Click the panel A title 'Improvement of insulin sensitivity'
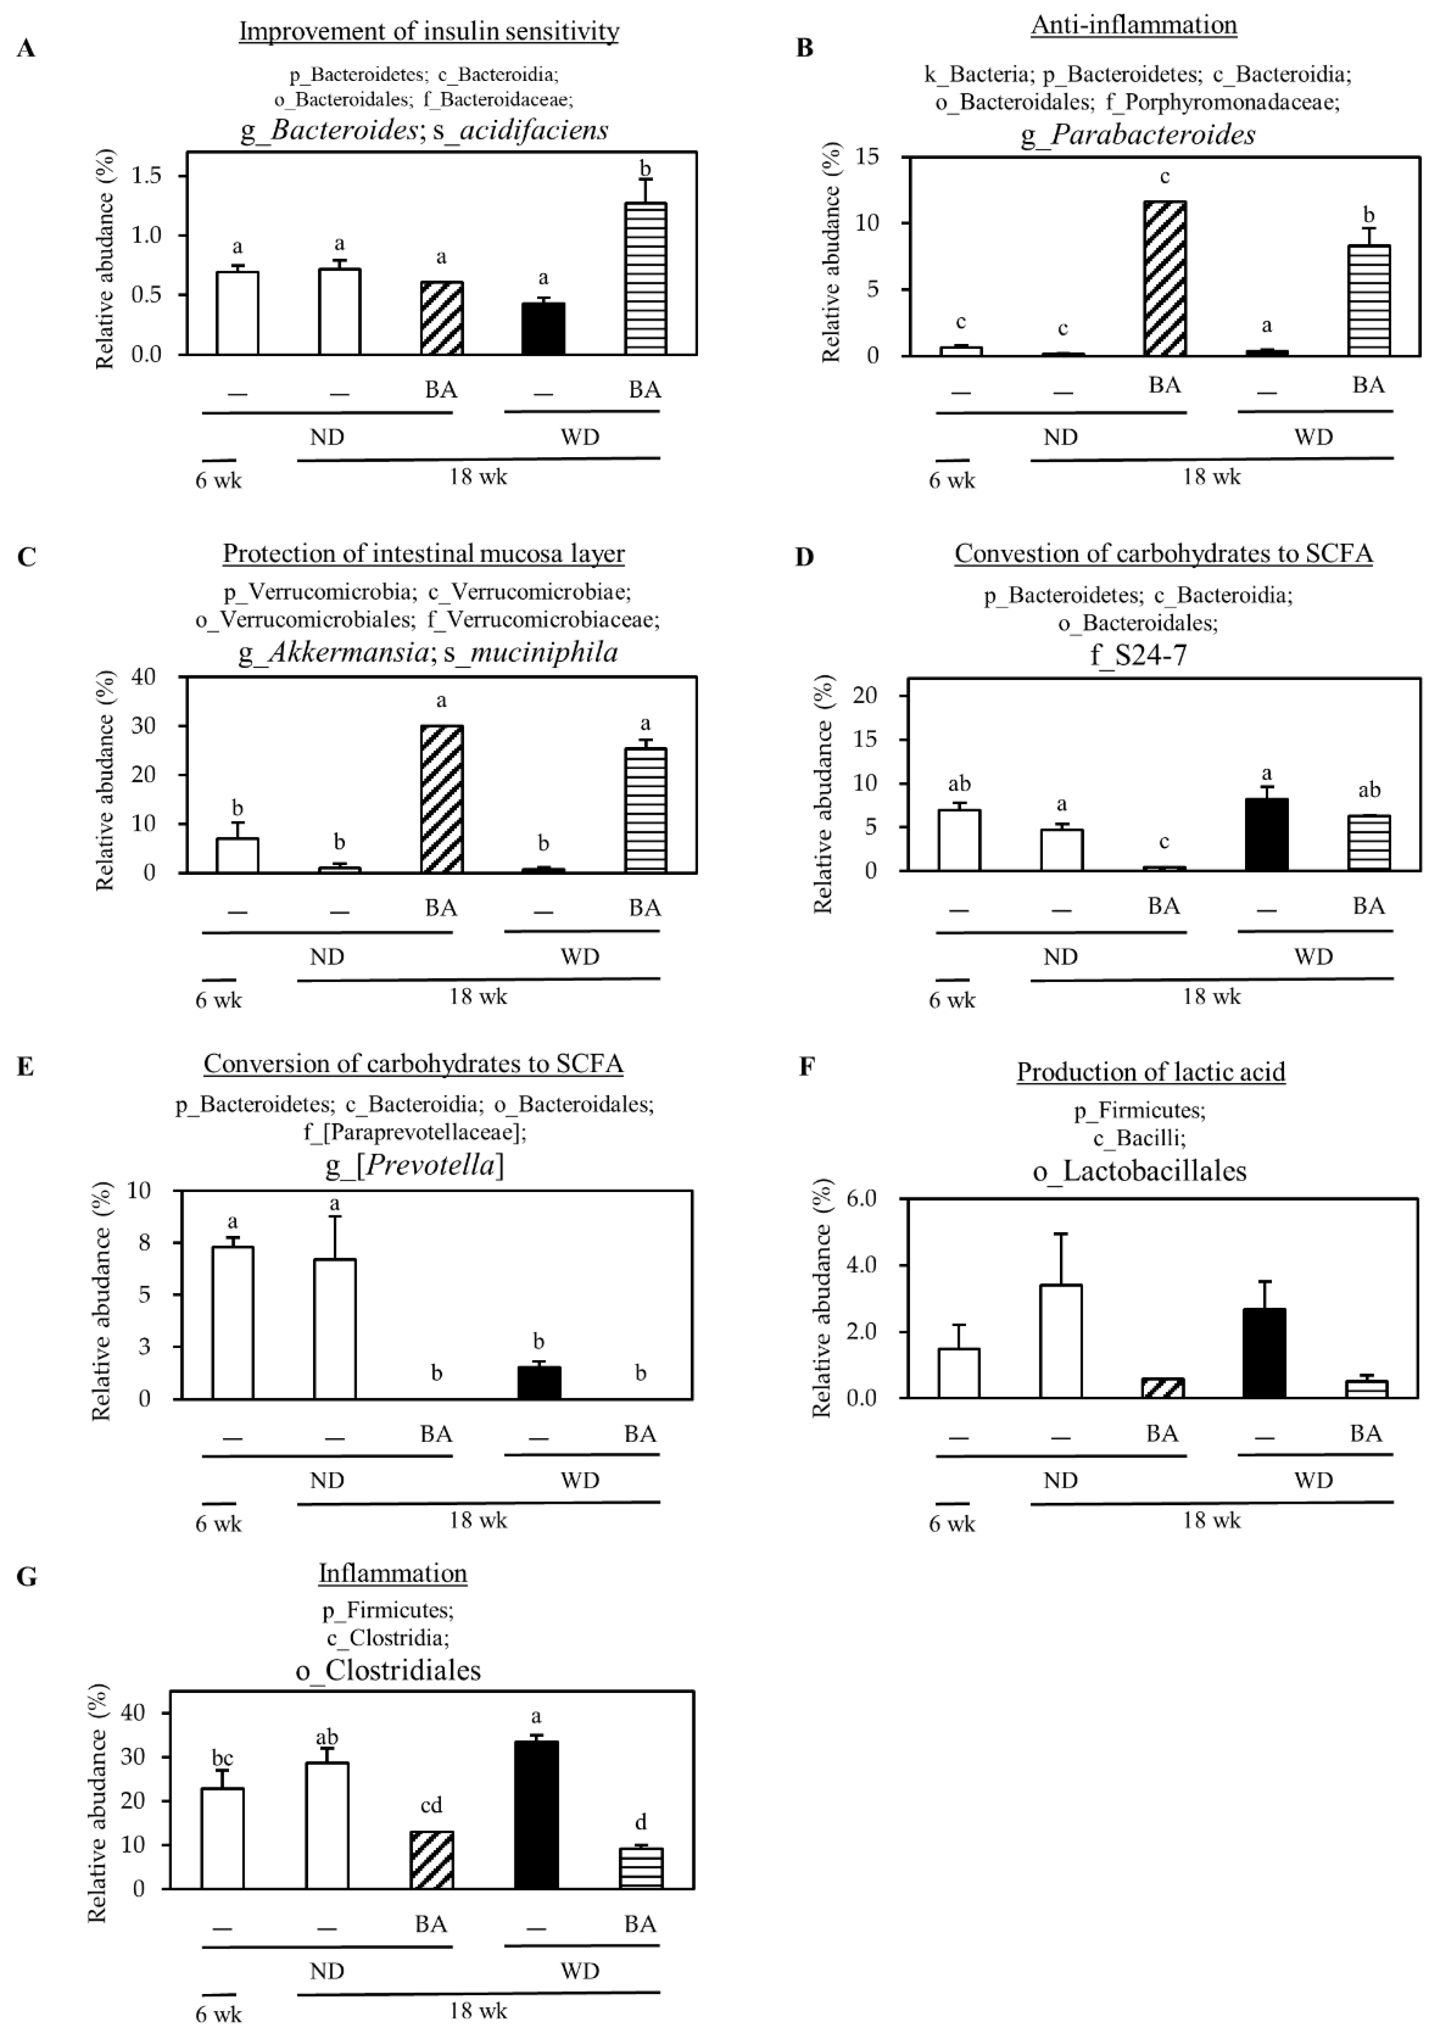(428, 32)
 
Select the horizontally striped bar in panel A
(645, 279)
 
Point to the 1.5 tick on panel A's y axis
(146, 176)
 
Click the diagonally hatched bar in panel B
(1164, 279)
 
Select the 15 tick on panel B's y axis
(866, 157)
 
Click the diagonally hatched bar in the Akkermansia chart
(440, 799)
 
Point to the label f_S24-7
(1139, 655)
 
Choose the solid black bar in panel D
(1266, 835)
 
